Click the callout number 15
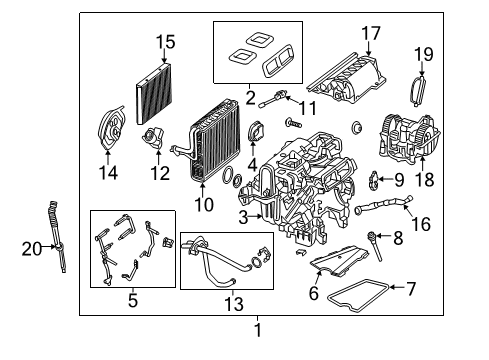tap(166, 42)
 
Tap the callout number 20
tap(32, 249)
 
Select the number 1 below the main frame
tap(257, 330)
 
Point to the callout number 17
tap(371, 33)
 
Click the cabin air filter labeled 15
tap(154, 93)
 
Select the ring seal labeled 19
tap(419, 91)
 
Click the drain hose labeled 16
tap(383, 205)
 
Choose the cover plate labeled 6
tap(339, 261)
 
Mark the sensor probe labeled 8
tap(374, 247)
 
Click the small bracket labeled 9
tap(373, 181)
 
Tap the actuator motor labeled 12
tap(153, 138)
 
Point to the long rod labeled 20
tap(58, 237)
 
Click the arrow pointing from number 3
tap(256, 216)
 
